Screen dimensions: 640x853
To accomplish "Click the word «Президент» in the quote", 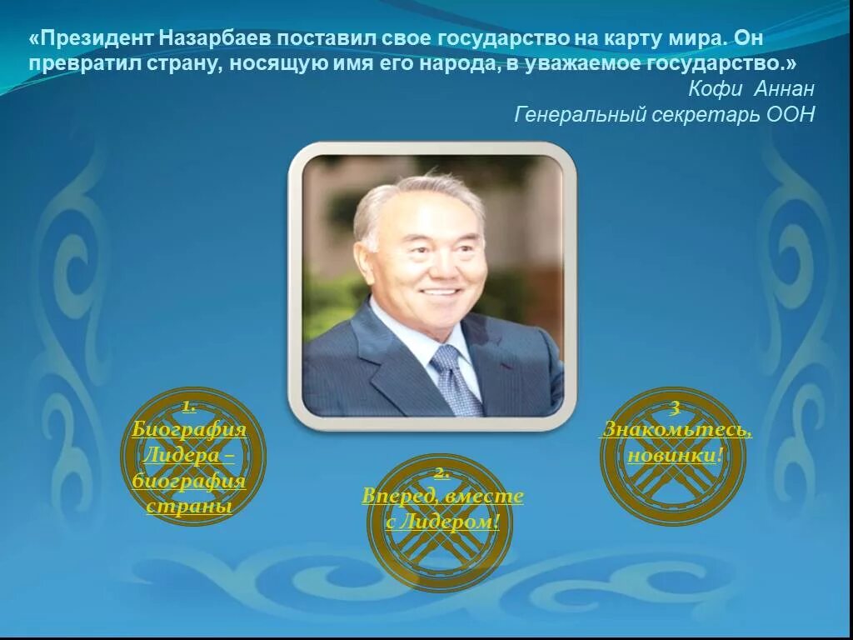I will (92, 38).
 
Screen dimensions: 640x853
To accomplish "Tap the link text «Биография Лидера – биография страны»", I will (189, 467).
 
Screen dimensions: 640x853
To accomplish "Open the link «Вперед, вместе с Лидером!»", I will (442, 508).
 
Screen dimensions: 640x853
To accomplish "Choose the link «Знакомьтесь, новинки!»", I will (676, 442).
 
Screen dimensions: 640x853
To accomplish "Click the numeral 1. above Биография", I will (189, 406).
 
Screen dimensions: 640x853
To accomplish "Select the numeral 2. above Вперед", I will (441, 472).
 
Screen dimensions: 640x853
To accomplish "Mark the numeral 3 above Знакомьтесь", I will (676, 407).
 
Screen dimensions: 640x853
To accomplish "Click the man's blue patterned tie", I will (455, 379).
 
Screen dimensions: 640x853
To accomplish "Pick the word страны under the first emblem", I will (189, 506).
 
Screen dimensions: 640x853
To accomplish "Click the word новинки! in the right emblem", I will (676, 456).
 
